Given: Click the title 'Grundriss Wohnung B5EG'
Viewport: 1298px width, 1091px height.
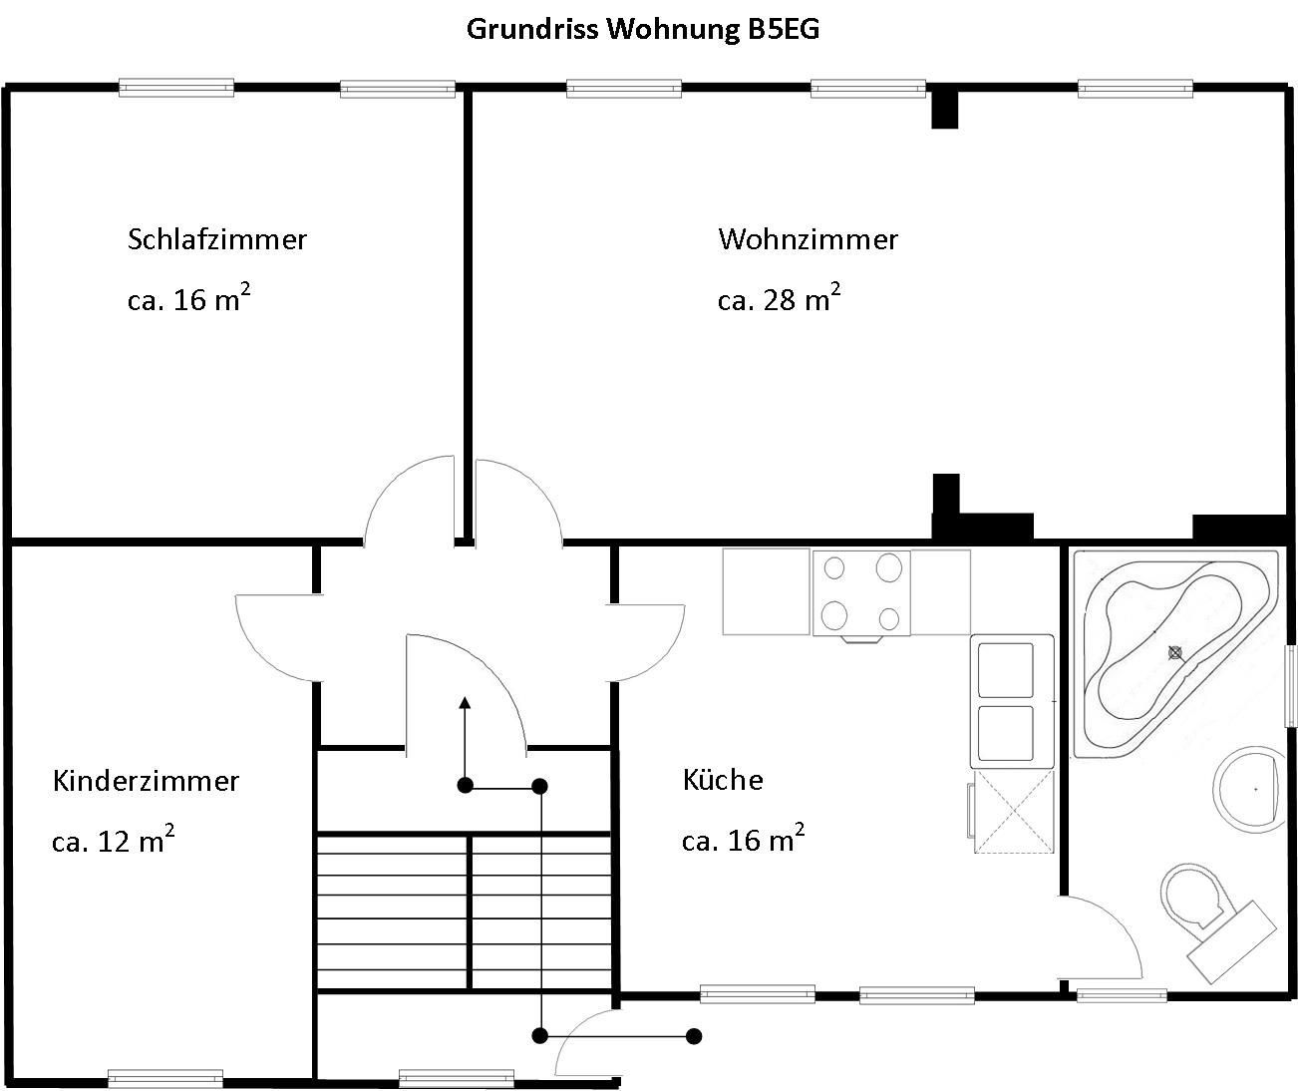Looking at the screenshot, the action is click(643, 29).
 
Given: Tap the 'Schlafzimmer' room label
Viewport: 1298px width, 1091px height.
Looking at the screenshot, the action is click(217, 239).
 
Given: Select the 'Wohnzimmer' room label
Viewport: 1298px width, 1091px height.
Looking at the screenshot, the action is click(809, 239).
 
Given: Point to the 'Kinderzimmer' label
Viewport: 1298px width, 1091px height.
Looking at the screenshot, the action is click(146, 781).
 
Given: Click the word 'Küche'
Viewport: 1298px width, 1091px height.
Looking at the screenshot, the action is click(723, 780).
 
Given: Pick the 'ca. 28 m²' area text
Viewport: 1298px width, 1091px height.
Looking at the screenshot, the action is click(779, 297).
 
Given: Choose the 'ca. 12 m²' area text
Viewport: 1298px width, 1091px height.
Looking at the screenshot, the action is click(113, 839).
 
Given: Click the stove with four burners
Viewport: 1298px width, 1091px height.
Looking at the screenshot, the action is click(861, 593).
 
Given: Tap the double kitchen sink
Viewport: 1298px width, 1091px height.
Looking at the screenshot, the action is click(1012, 701).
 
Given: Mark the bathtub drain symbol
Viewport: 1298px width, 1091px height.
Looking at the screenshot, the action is click(1175, 652).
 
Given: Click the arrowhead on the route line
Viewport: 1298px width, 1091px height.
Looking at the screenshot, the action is click(465, 703).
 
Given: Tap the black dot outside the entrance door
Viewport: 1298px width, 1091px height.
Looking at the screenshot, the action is click(694, 1036).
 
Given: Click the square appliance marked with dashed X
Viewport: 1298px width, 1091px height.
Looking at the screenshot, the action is click(1013, 812).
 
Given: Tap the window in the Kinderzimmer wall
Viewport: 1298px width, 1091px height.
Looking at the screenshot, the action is click(165, 1078).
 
